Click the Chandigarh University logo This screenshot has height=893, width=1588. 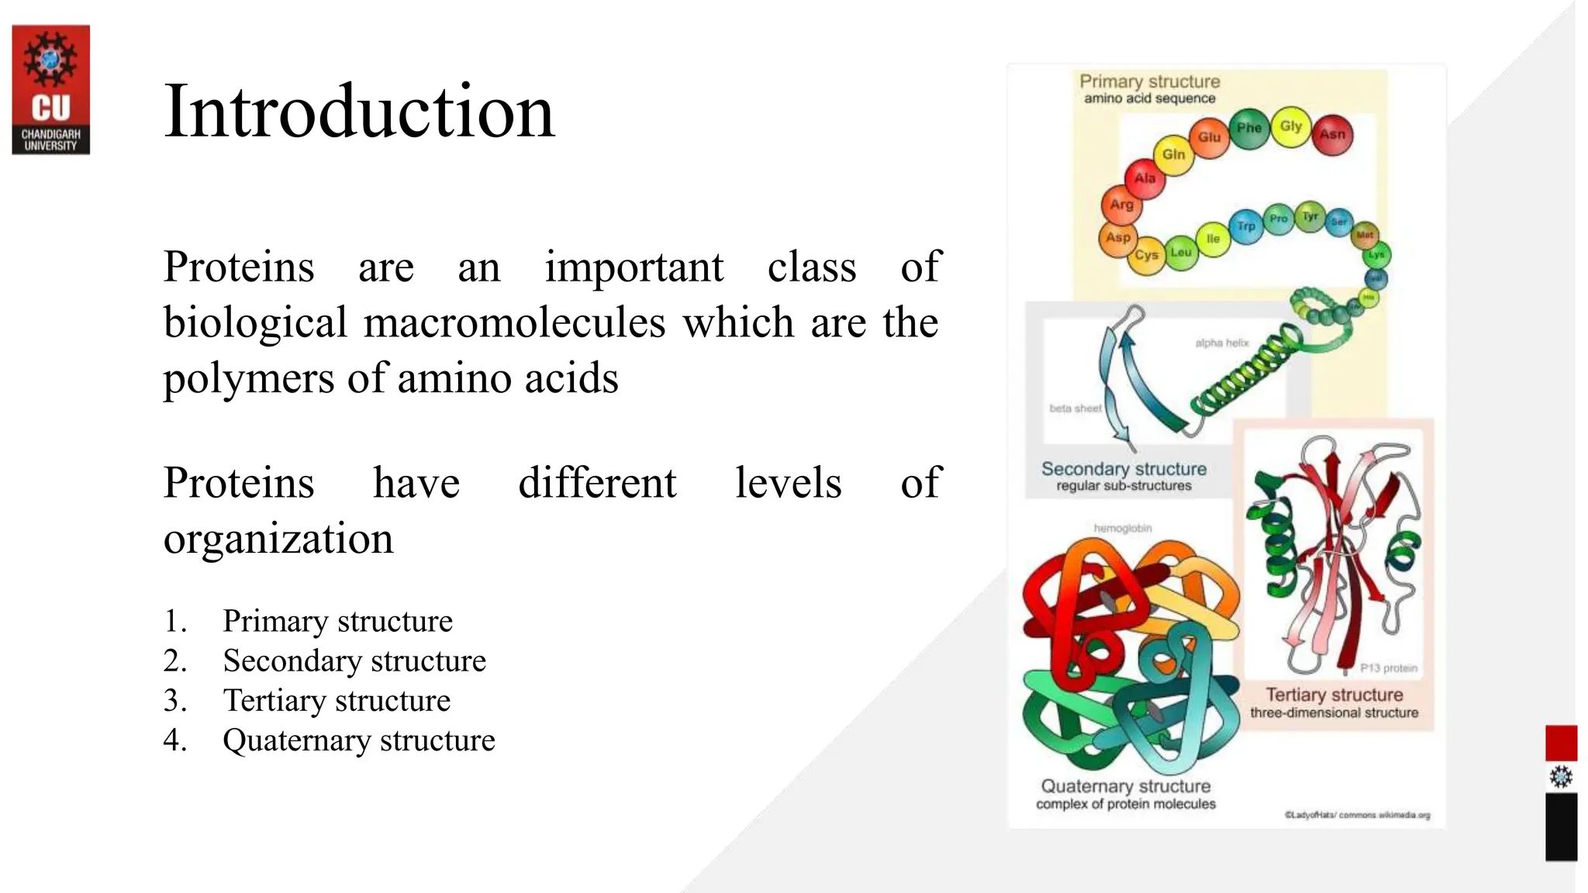tap(50, 89)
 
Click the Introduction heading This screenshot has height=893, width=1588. tap(359, 112)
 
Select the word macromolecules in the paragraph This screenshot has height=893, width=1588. tap(514, 322)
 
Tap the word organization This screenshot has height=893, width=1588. tap(278, 539)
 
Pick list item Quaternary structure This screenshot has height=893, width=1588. tap(358, 740)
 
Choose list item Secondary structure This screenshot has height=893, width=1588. tap(354, 661)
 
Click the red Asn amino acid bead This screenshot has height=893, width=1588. tap(1332, 134)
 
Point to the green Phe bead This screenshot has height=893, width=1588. tap(1248, 127)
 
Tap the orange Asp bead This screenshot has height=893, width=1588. tap(1117, 237)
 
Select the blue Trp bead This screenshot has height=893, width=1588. tap(1245, 226)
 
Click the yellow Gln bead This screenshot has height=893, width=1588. tap(1173, 154)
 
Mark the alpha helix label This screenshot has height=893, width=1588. tap(1221, 343)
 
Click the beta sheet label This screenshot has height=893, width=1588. tap(1075, 408)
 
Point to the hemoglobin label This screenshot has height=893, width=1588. tap(1122, 528)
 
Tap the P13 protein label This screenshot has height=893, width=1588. tap(1388, 667)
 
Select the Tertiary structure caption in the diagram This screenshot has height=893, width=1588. tap(1334, 695)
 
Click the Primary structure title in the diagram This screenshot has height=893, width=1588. tap(1149, 81)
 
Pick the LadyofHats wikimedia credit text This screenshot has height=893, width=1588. tap(1356, 815)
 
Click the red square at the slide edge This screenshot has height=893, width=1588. tap(1560, 743)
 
